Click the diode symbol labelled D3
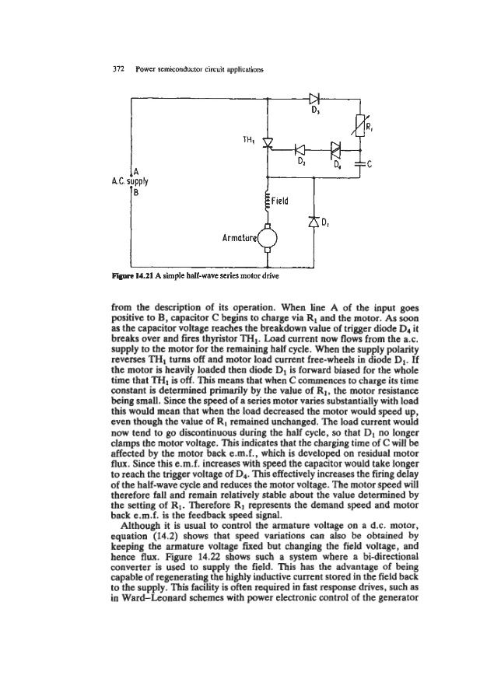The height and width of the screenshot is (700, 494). (x=315, y=99)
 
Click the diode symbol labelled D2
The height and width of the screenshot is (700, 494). (x=300, y=149)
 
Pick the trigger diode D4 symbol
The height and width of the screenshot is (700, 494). (x=335, y=149)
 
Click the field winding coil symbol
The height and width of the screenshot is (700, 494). (x=268, y=199)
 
